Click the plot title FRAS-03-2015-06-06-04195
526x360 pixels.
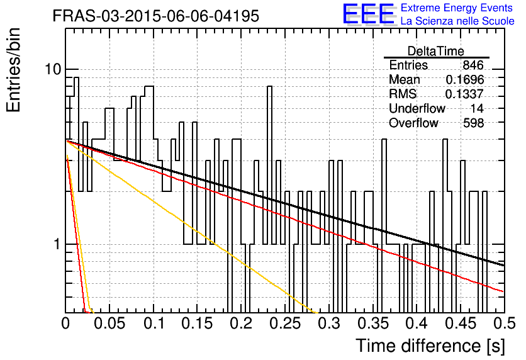point(156,16)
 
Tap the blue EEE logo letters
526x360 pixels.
point(369,14)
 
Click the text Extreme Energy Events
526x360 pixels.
point(457,8)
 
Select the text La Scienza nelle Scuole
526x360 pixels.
point(457,21)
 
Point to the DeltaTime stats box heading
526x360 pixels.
point(436,51)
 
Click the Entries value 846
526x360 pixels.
point(473,65)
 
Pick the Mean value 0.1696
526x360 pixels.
point(465,79)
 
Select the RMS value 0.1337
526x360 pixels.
point(464,94)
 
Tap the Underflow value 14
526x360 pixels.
point(477,108)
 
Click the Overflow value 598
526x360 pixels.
point(474,123)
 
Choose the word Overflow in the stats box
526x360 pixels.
point(413,123)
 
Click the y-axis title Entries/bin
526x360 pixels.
point(13,70)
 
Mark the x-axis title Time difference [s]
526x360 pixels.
point(430,346)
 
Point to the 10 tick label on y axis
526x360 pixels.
point(53,69)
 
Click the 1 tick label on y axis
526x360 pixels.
point(57,244)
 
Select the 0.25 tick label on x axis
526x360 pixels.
point(285,323)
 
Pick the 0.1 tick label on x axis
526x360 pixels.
point(154,323)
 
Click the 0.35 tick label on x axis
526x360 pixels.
point(373,323)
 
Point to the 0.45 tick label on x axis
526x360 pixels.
point(461,323)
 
